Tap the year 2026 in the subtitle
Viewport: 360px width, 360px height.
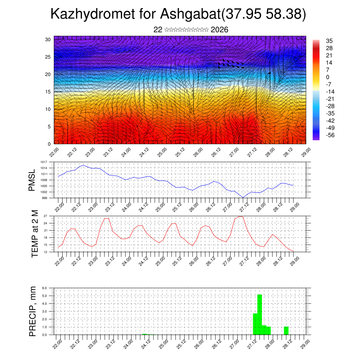pos(219,30)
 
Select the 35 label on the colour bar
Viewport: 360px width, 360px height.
pos(329,41)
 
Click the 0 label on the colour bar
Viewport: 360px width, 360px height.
pos(328,77)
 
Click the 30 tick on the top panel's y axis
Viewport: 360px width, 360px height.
pos(48,39)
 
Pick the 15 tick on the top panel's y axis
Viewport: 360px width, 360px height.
pos(48,92)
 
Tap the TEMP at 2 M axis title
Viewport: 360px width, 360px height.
pos(34,233)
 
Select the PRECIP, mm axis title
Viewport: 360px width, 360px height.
pos(33,311)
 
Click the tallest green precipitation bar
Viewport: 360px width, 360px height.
pos(260,313)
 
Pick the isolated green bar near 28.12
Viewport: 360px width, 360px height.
pos(286,330)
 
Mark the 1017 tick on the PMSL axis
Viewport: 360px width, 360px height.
pos(44,162)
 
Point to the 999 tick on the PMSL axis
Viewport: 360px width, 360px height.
pos(44,198)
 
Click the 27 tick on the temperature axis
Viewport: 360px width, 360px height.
pos(45,216)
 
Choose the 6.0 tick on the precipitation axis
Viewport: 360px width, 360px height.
pos(44,288)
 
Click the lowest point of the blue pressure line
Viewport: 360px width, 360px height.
pos(243,198)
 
